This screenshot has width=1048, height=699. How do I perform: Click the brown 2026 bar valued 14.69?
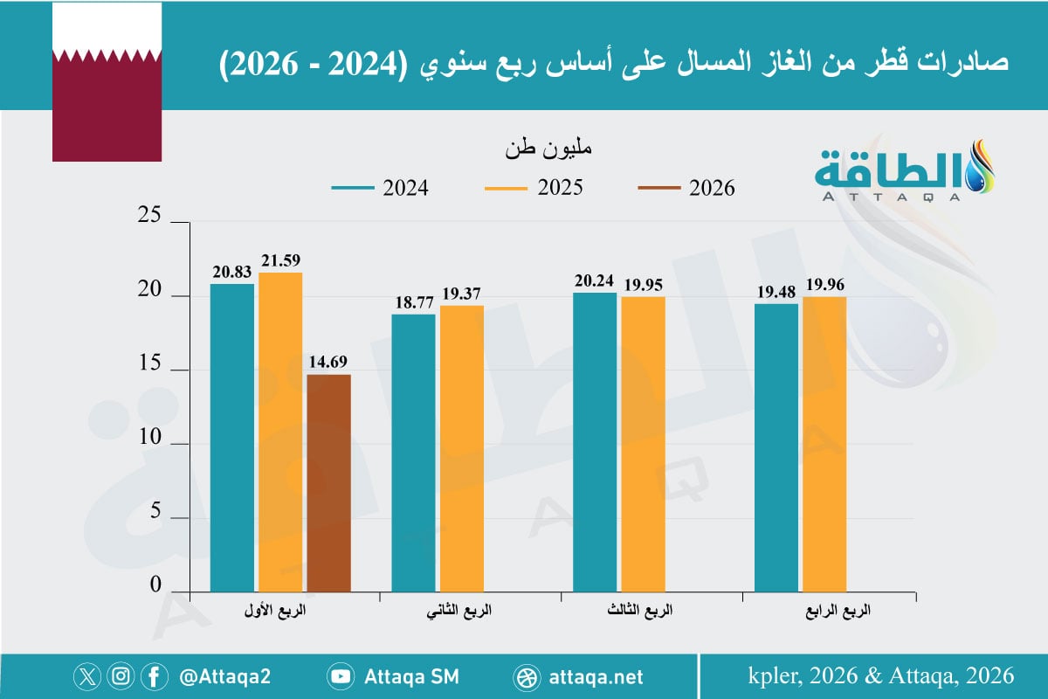click(x=328, y=483)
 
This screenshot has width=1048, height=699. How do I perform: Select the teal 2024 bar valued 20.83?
click(x=232, y=437)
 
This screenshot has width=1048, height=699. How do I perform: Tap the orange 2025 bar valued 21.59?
click(x=280, y=433)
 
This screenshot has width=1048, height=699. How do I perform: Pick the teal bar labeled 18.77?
click(x=413, y=453)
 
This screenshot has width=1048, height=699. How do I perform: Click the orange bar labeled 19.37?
click(x=462, y=448)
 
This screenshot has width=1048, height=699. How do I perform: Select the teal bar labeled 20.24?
click(x=595, y=442)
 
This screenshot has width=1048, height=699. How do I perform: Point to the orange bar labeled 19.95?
click(x=643, y=444)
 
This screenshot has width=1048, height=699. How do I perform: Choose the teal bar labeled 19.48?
click(x=776, y=447)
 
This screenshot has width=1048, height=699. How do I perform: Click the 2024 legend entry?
click(x=380, y=188)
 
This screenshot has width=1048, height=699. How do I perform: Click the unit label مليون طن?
click(x=548, y=148)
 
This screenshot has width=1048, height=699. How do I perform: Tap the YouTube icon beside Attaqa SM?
click(x=341, y=676)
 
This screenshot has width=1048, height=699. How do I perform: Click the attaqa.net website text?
click(x=597, y=676)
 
